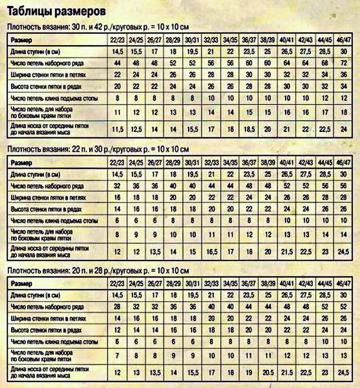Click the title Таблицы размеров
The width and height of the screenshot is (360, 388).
point(57,11)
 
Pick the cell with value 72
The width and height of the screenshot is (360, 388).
point(344,63)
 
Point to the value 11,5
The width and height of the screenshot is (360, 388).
point(117,129)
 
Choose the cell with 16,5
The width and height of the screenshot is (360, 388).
point(211,251)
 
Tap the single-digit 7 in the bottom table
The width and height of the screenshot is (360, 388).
point(117,356)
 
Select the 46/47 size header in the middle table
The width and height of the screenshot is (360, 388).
point(344,162)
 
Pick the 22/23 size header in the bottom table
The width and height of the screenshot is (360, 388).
point(117,283)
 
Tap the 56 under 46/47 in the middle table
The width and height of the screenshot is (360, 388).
point(344,186)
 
